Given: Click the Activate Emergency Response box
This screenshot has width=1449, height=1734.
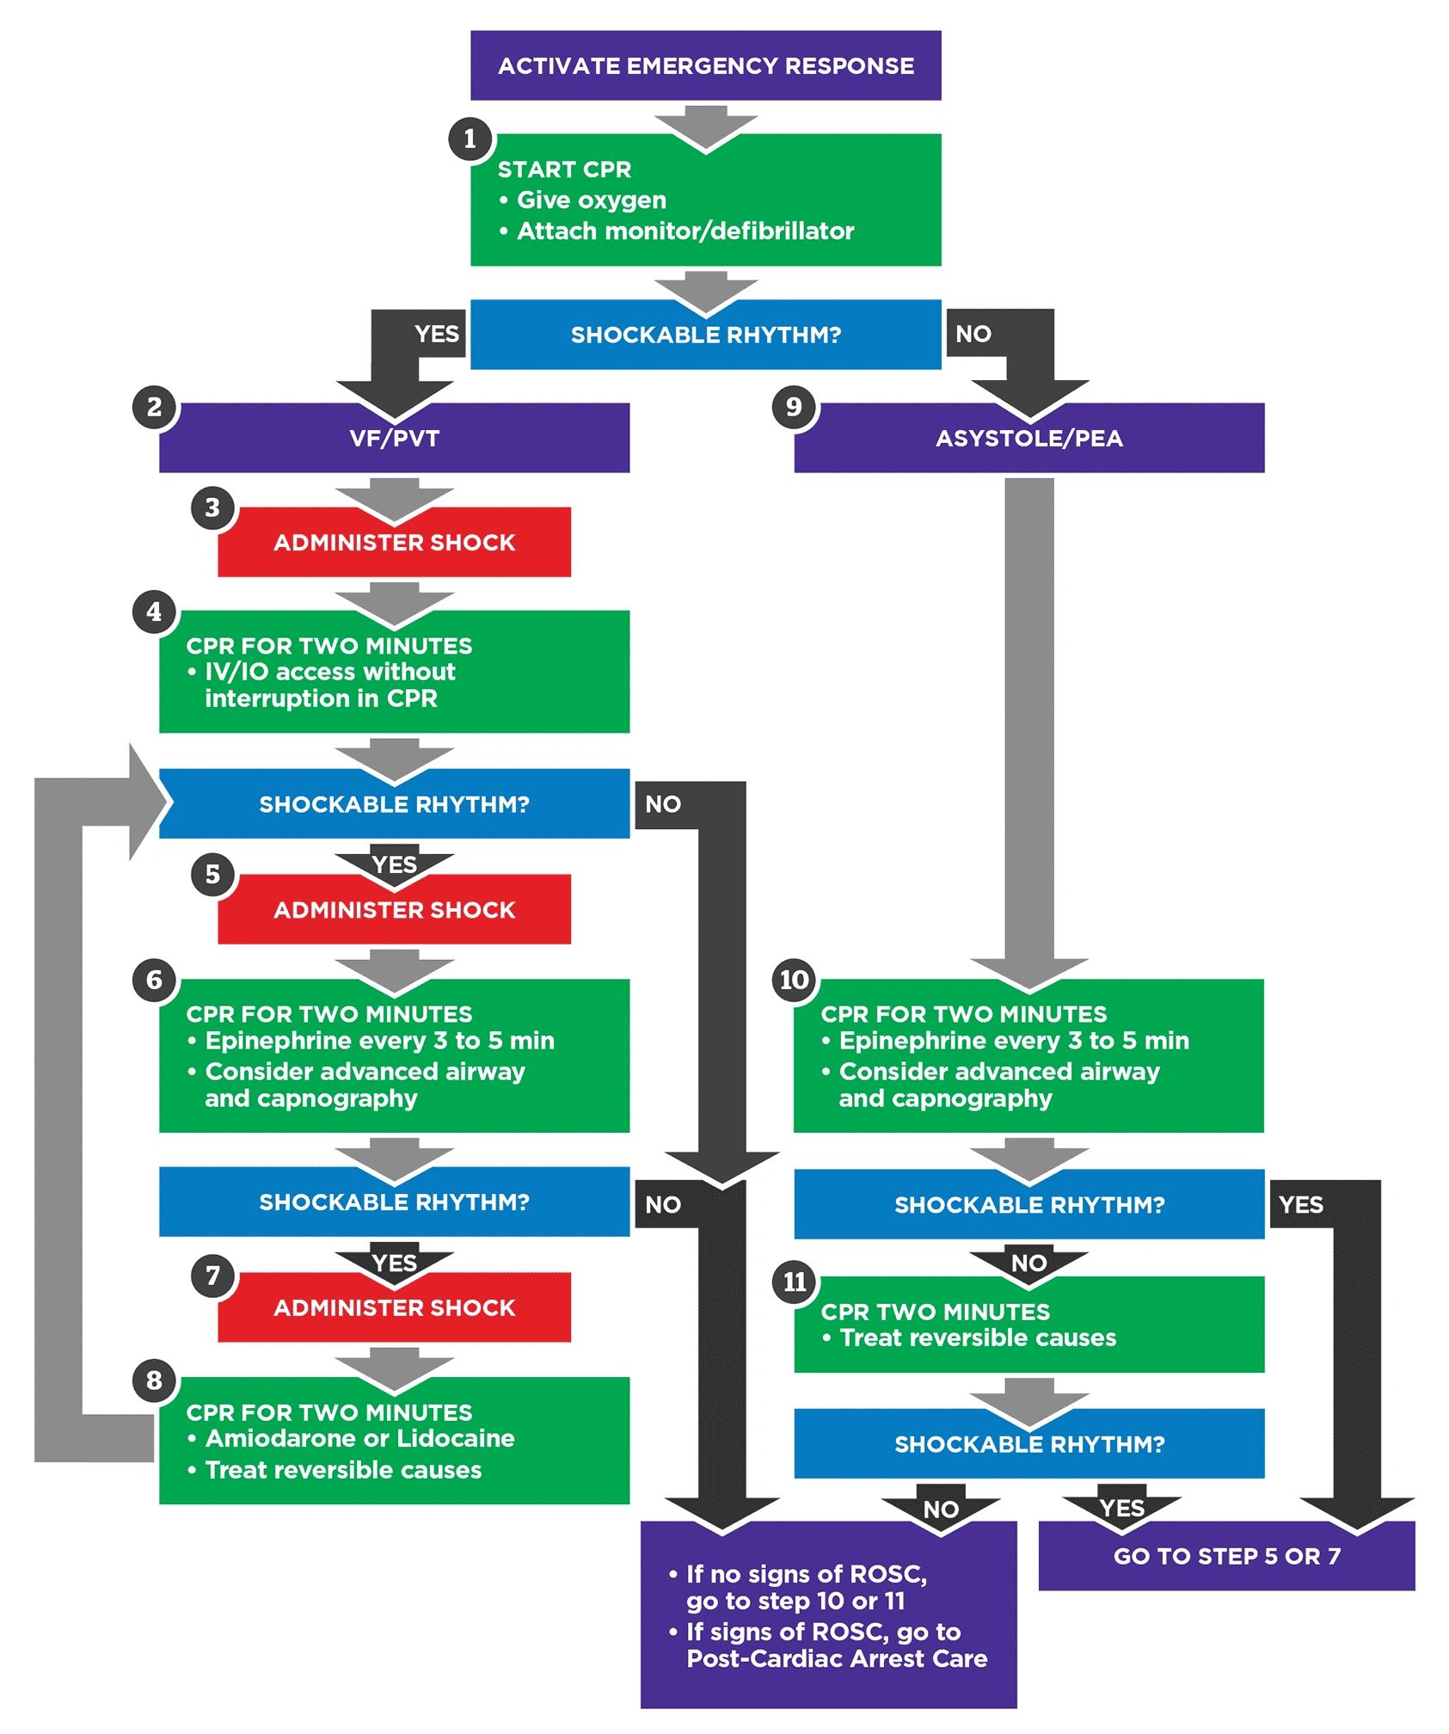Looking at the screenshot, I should (705, 66).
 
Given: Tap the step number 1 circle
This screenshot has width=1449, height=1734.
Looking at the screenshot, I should (470, 138).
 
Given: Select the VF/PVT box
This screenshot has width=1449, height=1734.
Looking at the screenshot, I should (394, 438).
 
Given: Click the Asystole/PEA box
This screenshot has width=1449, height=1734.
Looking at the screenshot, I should (1028, 438).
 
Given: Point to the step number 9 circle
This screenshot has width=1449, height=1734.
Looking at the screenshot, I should (794, 406).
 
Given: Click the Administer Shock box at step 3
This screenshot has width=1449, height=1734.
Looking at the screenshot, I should (394, 542).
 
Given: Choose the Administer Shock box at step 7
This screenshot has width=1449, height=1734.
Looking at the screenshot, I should (394, 1307).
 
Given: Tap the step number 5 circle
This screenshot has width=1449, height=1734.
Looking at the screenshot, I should (212, 875).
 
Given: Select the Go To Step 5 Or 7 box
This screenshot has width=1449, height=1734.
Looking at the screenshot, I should (1226, 1556).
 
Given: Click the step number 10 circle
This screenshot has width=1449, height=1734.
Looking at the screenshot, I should (794, 980).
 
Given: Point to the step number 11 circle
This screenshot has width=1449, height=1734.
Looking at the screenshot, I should (794, 1282).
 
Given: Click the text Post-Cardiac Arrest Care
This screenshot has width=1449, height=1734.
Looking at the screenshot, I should (837, 1658).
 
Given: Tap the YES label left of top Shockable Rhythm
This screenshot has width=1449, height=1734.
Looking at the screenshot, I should (437, 334).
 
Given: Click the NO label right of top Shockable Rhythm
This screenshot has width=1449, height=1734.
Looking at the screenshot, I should (973, 334).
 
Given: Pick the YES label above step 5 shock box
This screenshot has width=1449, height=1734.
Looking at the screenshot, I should (395, 864).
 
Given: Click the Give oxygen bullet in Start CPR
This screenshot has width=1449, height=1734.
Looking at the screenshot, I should (591, 200).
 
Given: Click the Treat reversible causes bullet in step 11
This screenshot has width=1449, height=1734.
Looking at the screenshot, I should (977, 1337).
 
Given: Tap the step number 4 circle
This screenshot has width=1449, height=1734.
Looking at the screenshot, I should (154, 612).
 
